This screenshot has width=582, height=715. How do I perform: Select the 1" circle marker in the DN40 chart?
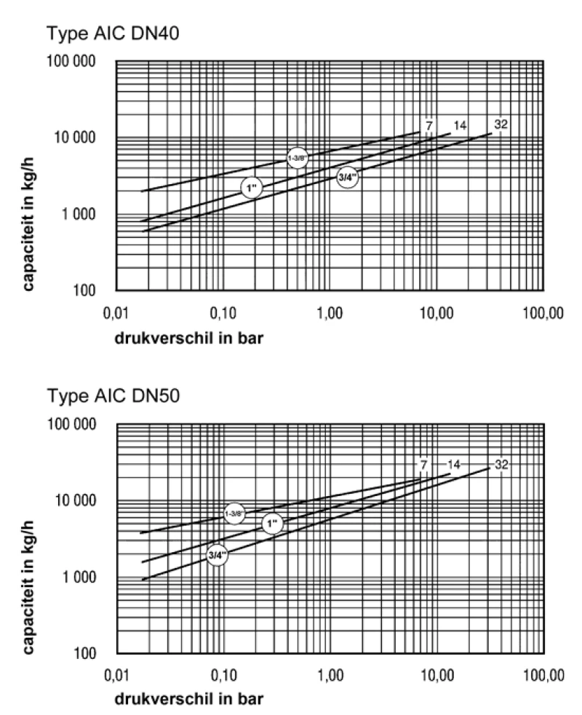click(x=252, y=188)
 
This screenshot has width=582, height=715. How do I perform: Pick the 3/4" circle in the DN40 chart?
click(x=348, y=177)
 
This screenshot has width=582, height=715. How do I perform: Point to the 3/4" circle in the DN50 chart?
click(x=216, y=555)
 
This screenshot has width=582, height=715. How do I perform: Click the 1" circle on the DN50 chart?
click(x=272, y=523)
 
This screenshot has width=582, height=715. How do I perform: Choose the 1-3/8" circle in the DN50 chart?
click(x=234, y=514)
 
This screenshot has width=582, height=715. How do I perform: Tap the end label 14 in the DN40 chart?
click(x=459, y=126)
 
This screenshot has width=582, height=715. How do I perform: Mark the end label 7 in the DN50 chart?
click(x=423, y=464)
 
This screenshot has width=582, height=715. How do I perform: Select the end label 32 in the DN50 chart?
click(x=501, y=464)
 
